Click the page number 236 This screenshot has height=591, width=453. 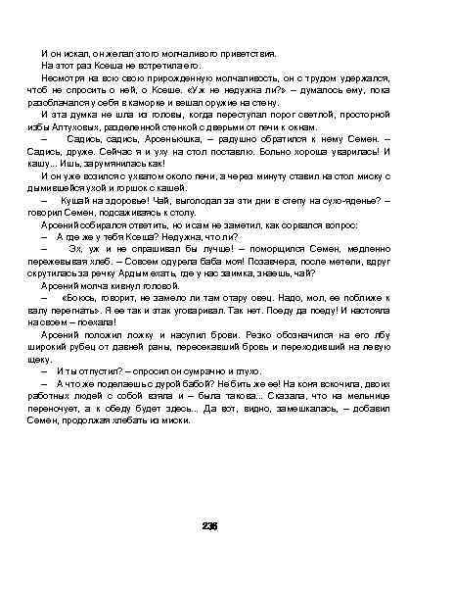(x=207, y=526)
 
